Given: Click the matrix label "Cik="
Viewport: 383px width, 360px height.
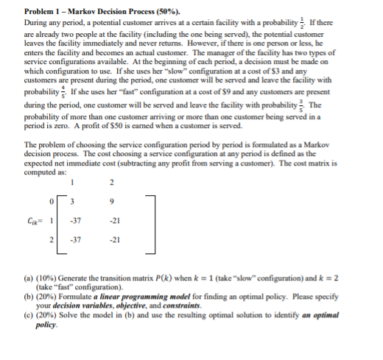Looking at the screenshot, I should pos(33,219).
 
